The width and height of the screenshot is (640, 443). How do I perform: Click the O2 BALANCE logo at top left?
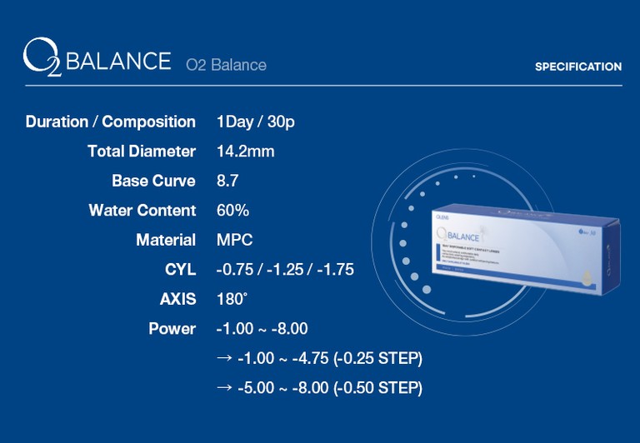point(96,62)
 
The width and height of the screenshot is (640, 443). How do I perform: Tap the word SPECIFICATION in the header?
point(577,67)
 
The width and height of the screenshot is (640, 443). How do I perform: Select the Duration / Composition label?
point(111,122)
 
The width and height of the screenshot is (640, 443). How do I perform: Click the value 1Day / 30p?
point(255,122)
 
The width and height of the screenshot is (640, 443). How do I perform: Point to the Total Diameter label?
point(142,152)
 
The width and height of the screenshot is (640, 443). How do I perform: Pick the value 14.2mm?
point(245,152)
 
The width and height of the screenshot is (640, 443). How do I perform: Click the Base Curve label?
point(153,181)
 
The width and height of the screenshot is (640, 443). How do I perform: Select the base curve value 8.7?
point(227,181)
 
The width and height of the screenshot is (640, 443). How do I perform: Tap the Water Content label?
point(142,211)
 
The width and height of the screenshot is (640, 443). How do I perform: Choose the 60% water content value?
point(232,211)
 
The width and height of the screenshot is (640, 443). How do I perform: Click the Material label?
point(166,240)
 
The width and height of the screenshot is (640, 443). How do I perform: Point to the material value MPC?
point(234,240)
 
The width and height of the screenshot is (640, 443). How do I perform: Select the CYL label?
point(180,270)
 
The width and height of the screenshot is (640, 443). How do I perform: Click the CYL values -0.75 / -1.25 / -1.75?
point(285,270)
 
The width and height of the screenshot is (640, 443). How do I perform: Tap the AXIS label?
point(177,299)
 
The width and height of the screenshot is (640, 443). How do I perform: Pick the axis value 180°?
point(232,299)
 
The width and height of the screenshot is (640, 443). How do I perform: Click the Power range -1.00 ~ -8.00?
point(262,329)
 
